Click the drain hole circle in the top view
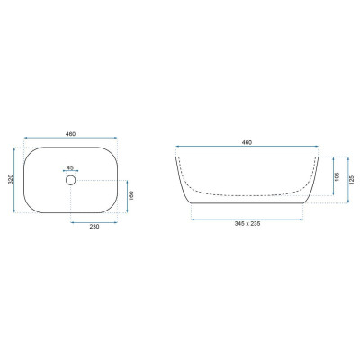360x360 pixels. (70, 180)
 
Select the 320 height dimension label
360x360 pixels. (11, 179)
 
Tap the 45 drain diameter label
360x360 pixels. (70, 167)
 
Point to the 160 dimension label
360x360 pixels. (131, 195)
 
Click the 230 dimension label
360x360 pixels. (94, 227)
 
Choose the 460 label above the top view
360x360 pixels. (70, 134)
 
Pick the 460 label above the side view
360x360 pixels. (247, 142)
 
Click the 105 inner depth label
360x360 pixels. (337, 176)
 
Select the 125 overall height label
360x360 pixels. (352, 179)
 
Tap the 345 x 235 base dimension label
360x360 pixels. (247, 224)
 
